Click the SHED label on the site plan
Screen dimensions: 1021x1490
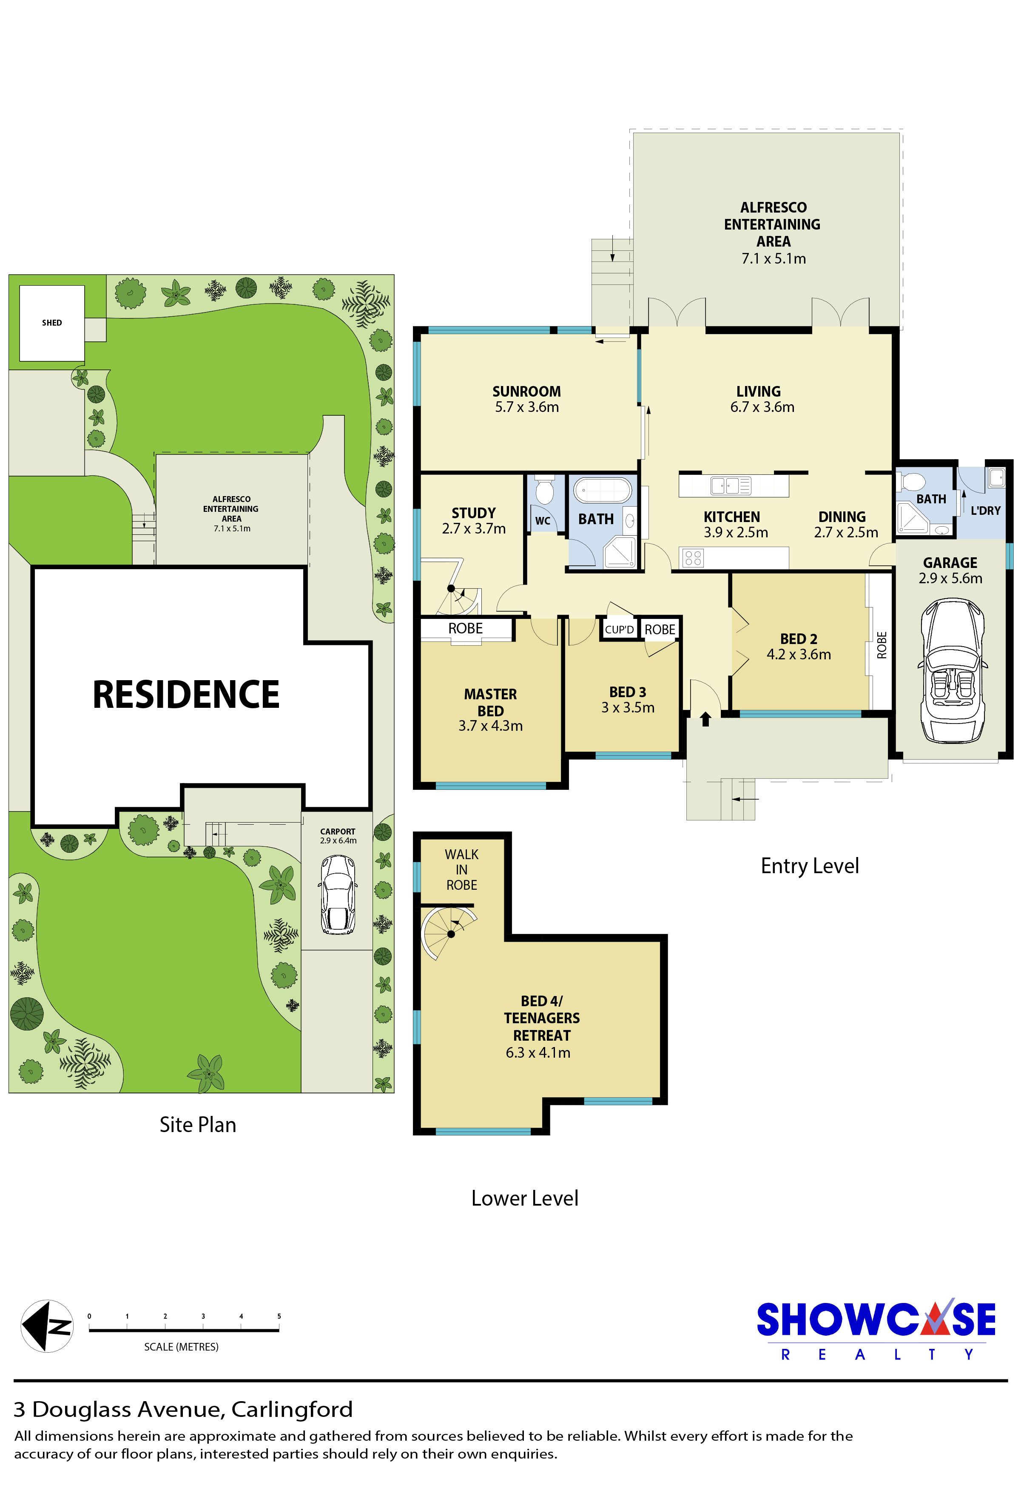[52, 323]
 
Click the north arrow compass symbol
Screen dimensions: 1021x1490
[47, 1326]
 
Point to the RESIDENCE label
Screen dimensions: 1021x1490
[186, 694]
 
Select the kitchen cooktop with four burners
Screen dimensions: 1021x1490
[693, 558]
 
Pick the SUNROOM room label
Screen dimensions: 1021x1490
[526, 391]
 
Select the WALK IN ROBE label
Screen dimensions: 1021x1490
[462, 869]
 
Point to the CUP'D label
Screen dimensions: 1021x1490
[619, 630]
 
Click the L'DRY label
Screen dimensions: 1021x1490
[986, 511]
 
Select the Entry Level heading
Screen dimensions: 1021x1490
[809, 866]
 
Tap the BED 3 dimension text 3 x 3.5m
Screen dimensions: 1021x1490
[628, 708]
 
